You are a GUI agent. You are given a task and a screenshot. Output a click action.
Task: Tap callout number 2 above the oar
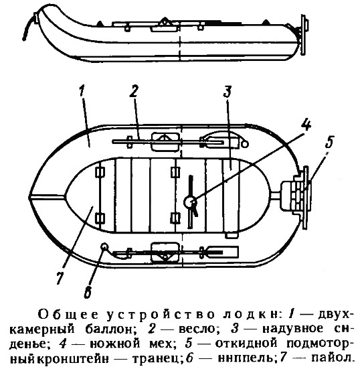click(134, 90)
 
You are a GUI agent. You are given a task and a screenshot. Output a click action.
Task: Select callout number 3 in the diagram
click(228, 91)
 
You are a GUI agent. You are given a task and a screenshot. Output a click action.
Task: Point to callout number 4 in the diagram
click(306, 124)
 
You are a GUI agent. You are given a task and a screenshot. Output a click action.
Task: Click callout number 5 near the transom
click(329, 142)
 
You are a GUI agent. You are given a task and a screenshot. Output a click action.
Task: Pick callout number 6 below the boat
click(88, 293)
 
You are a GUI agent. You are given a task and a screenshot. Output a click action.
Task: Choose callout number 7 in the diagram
click(60, 277)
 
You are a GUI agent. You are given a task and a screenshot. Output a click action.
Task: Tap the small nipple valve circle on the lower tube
click(104, 246)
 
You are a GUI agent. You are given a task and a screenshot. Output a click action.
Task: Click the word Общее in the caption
click(68, 315)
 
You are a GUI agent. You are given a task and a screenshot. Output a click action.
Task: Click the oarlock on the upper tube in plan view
click(165, 142)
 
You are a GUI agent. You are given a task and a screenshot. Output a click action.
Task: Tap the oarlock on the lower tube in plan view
click(165, 252)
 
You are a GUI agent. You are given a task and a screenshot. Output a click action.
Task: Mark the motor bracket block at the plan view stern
click(296, 195)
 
